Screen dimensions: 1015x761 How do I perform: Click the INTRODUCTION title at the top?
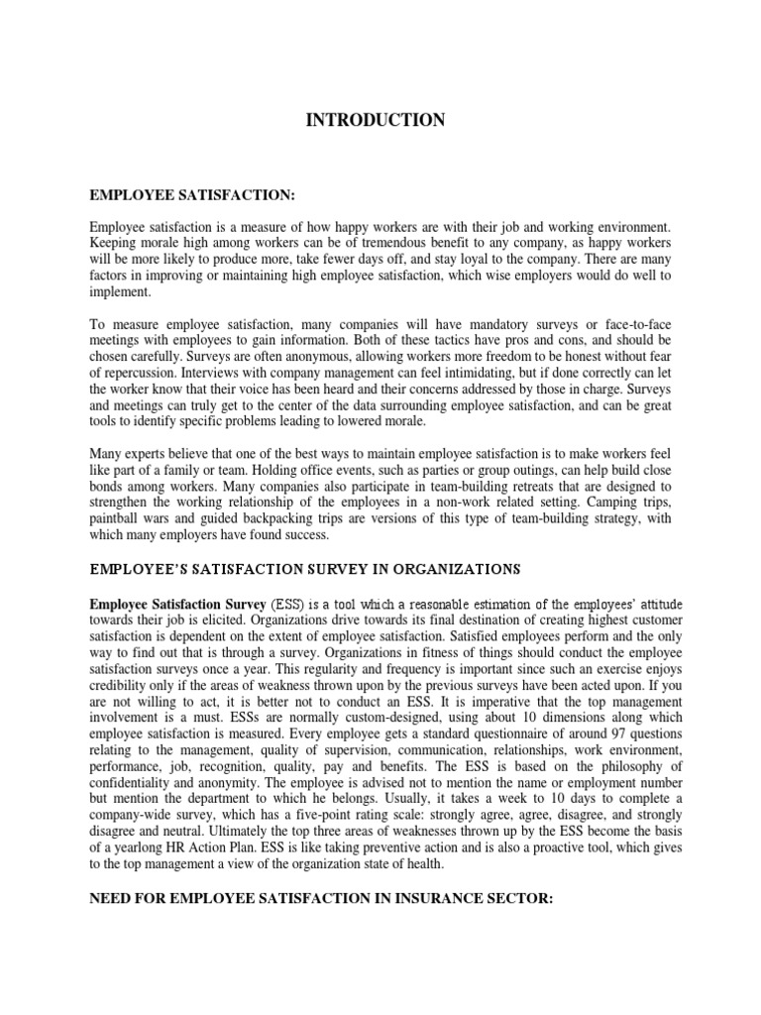pyautogui.click(x=376, y=121)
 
